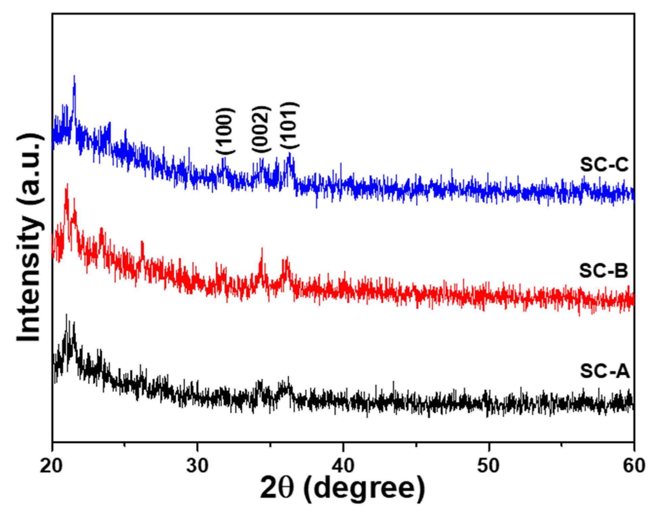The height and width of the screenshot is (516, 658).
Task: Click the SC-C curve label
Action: [604, 165]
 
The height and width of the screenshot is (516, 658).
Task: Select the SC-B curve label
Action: [604, 271]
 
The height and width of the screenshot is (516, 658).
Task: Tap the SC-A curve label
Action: [605, 371]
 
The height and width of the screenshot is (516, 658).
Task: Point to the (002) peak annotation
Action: [262, 130]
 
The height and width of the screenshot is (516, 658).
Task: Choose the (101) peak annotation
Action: [290, 125]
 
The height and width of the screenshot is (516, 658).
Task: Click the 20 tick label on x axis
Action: [51, 465]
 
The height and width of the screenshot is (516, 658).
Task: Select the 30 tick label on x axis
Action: [197, 465]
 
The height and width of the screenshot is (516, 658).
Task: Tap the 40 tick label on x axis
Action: [343, 465]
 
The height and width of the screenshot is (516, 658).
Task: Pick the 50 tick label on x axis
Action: [489, 465]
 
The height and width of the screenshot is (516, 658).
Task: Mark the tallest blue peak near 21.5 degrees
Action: [74, 76]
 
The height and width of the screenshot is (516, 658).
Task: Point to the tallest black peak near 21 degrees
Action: [67, 315]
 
